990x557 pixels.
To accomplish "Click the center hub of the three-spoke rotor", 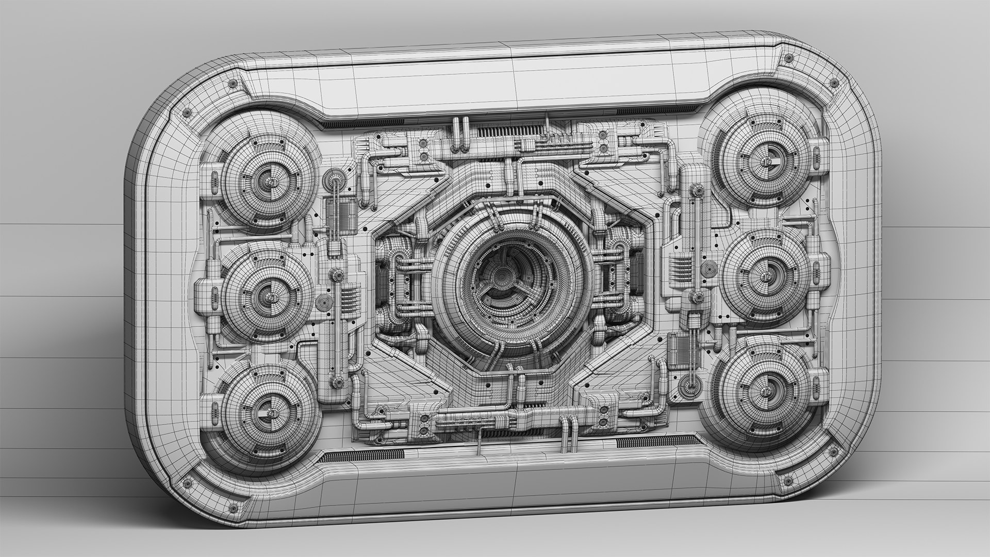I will (499, 277).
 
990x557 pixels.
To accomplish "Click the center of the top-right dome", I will (765, 160).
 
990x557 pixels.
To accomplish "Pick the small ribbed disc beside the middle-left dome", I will (324, 304).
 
